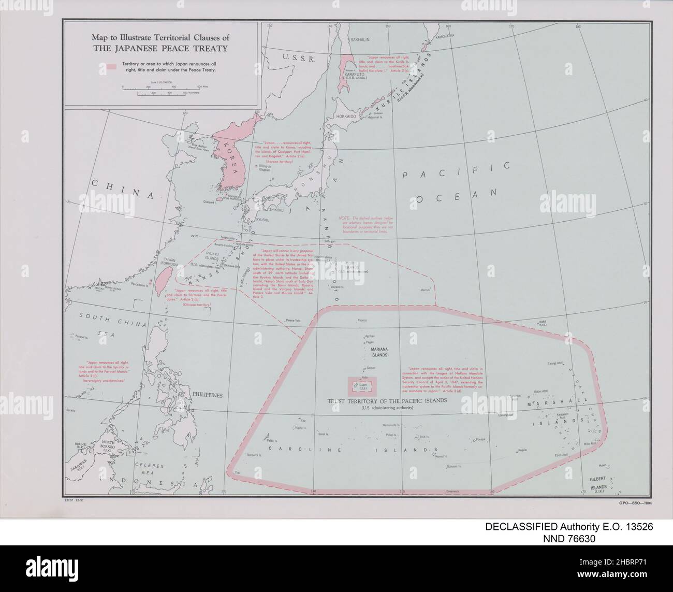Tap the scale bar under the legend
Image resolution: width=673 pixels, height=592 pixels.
[x=161, y=89]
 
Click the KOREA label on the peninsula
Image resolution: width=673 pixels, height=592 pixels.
[x=230, y=155]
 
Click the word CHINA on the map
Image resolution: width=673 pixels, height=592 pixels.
[x=122, y=191]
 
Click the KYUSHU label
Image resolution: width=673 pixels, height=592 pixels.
[x=264, y=220]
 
